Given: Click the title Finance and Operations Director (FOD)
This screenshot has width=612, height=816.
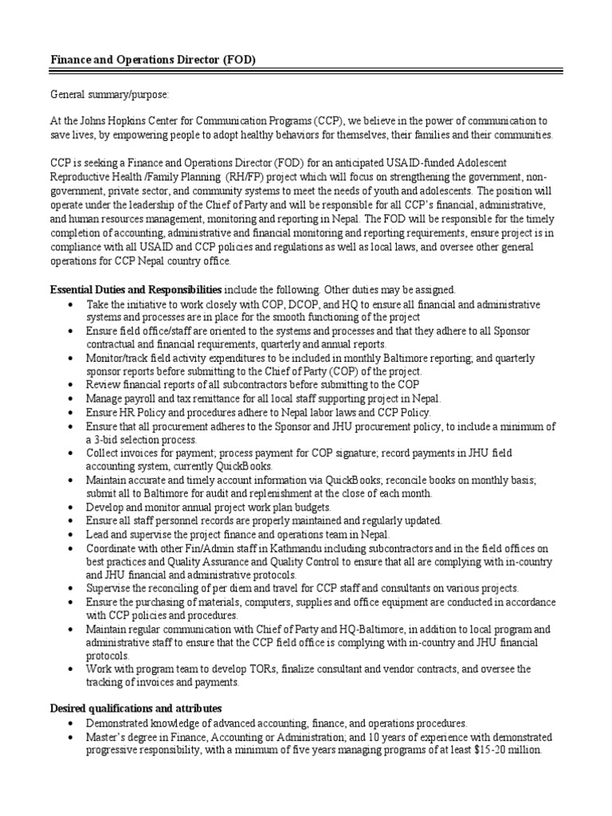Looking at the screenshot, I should point(154,61).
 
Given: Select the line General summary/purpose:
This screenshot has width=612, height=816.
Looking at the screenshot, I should point(109,95).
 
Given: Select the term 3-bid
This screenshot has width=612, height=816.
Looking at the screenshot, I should point(112,439).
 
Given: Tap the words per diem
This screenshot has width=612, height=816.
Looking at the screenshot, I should point(248,588).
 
